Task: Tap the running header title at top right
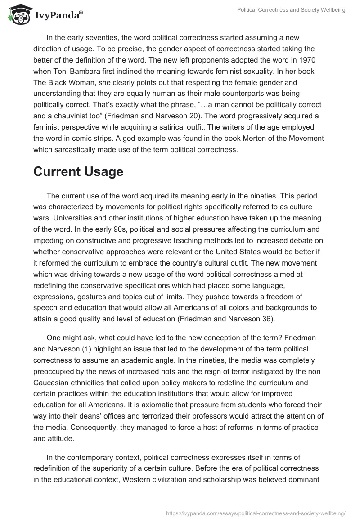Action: click(291, 10)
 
